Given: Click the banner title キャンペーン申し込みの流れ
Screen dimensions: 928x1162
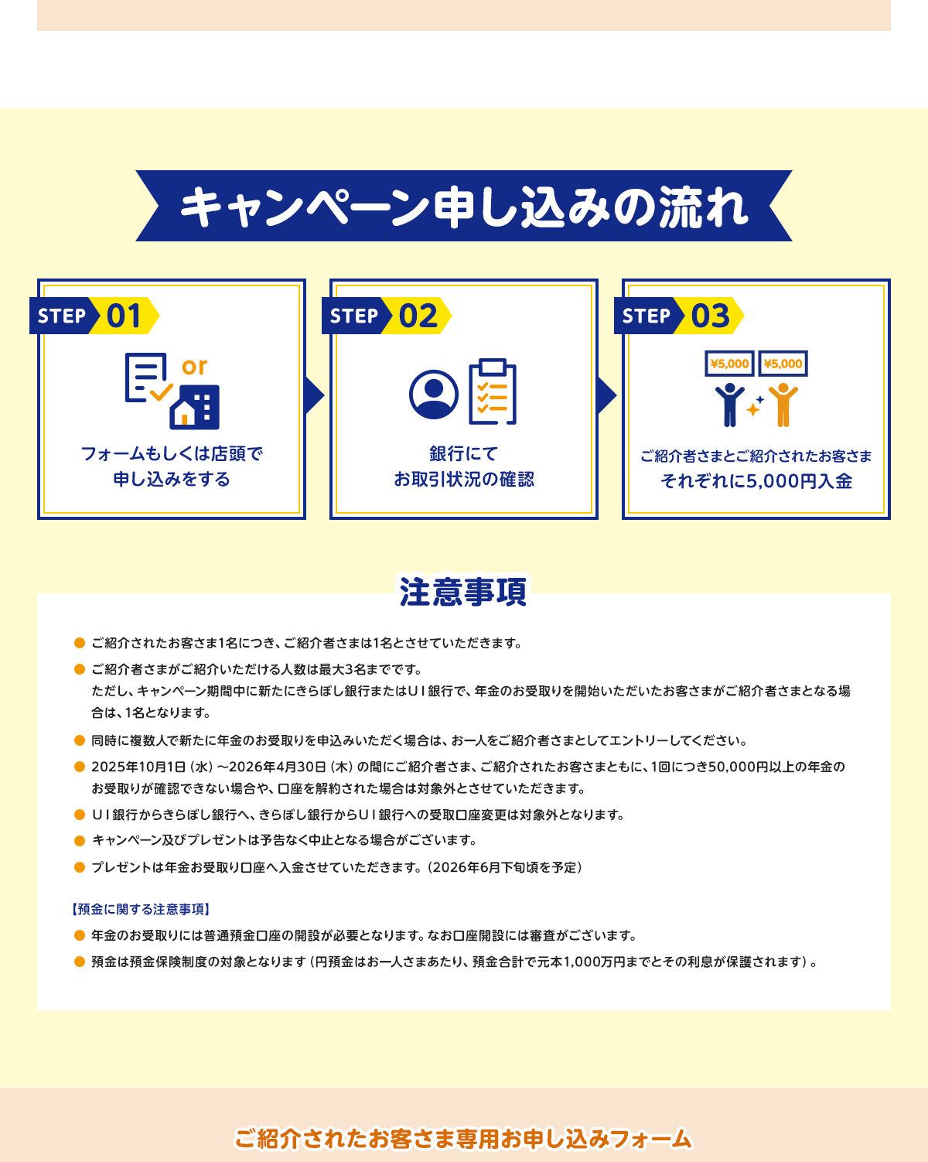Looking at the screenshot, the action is pyautogui.click(x=464, y=207).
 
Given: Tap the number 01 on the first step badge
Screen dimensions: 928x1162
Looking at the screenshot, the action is pyautogui.click(x=124, y=316).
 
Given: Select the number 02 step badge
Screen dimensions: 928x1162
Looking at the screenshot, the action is pyautogui.click(x=387, y=316).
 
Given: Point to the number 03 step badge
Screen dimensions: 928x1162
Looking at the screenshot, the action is pyautogui.click(x=679, y=316).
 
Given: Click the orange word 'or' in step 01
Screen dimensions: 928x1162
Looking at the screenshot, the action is pyautogui.click(x=194, y=367).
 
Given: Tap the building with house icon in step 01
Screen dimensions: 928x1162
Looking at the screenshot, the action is pyautogui.click(x=194, y=407).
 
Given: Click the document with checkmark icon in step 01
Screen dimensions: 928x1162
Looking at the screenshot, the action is pyautogui.click(x=148, y=378).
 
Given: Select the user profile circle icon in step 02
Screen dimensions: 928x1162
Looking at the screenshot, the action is pyautogui.click(x=434, y=395).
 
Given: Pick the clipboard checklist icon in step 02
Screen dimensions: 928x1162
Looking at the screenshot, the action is pyautogui.click(x=493, y=391).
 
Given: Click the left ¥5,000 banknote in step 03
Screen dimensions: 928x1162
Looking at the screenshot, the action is pyautogui.click(x=729, y=364).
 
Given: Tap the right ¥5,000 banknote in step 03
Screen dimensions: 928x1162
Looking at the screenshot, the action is pyautogui.click(x=783, y=364).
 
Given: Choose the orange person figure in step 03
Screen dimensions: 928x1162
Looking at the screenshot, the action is pyautogui.click(x=783, y=405).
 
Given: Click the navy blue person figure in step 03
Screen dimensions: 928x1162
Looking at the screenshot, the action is pyautogui.click(x=730, y=405).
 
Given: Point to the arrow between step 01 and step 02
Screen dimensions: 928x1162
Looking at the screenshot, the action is pyautogui.click(x=314, y=396).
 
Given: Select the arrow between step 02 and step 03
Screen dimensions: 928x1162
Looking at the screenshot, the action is pyautogui.click(x=606, y=396).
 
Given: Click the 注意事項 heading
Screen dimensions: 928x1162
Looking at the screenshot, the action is pyautogui.click(x=463, y=592).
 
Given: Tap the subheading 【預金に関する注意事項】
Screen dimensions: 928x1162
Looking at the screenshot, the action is pyautogui.click(x=141, y=909).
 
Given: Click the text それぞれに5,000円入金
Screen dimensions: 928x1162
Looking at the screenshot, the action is pyautogui.click(x=756, y=481).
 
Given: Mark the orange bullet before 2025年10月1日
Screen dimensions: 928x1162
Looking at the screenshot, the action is pyautogui.click(x=80, y=767).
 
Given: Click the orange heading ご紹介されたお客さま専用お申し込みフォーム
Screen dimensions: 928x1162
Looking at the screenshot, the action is pyautogui.click(x=463, y=1138).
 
